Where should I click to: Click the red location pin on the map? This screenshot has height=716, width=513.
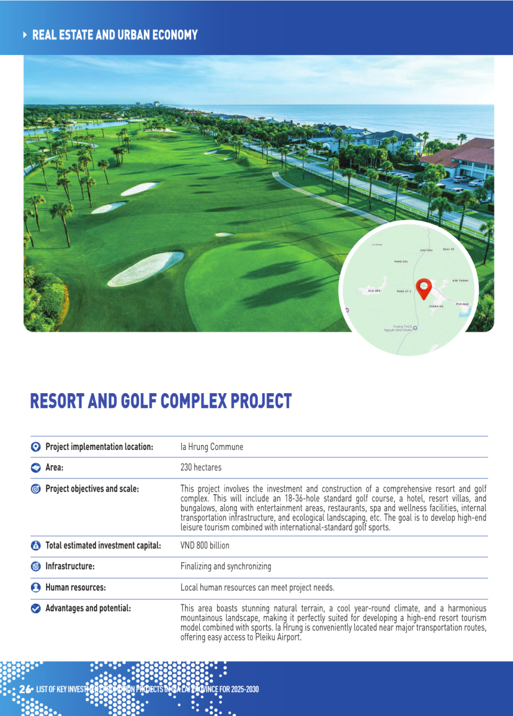[x=424, y=288]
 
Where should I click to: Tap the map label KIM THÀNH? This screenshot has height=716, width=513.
[x=460, y=280]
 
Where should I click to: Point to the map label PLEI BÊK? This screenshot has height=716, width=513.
[x=374, y=291]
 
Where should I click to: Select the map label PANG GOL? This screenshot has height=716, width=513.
[x=401, y=261]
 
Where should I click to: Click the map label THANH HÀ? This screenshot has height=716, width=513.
[x=436, y=306]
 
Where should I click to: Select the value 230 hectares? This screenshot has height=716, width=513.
[x=201, y=468]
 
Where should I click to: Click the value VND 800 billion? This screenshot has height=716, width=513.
[x=205, y=545]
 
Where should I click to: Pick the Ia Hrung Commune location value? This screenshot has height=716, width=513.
[x=212, y=447]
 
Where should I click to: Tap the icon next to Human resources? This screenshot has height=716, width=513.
[x=35, y=588]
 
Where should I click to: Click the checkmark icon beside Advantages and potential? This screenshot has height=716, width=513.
[x=35, y=609]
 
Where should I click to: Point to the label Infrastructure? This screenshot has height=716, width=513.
[x=70, y=566]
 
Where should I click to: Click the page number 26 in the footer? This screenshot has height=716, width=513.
[x=24, y=689]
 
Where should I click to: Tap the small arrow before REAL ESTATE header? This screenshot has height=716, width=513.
[x=24, y=35]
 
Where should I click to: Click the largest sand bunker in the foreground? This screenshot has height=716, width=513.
[x=146, y=268]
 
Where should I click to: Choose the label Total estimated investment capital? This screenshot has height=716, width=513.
[x=103, y=545]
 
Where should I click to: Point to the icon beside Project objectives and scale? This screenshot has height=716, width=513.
[x=35, y=489]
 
